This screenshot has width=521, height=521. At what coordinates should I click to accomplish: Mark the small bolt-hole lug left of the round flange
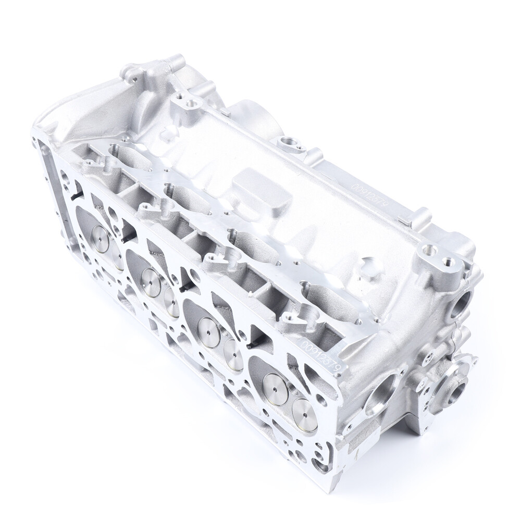coord(428,358)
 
